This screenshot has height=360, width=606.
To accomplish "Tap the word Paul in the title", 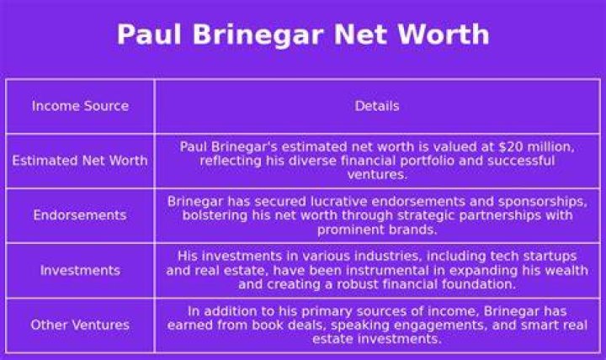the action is pyautogui.click(x=149, y=34).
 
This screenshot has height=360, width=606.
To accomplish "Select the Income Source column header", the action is pyautogui.click(x=81, y=106).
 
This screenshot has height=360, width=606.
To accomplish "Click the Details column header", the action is pyautogui.click(x=377, y=106).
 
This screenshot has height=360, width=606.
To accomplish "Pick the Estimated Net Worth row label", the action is pyautogui.click(x=80, y=161).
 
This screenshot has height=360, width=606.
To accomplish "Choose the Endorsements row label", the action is pyautogui.click(x=80, y=214).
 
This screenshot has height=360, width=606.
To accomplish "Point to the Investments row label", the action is pyautogui.click(x=81, y=270).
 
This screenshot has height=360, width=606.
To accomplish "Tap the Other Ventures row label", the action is pyautogui.click(x=80, y=325).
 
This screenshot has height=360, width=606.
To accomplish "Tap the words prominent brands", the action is pyautogui.click(x=377, y=230).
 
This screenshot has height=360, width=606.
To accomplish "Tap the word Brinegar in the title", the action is pyautogui.click(x=258, y=34).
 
